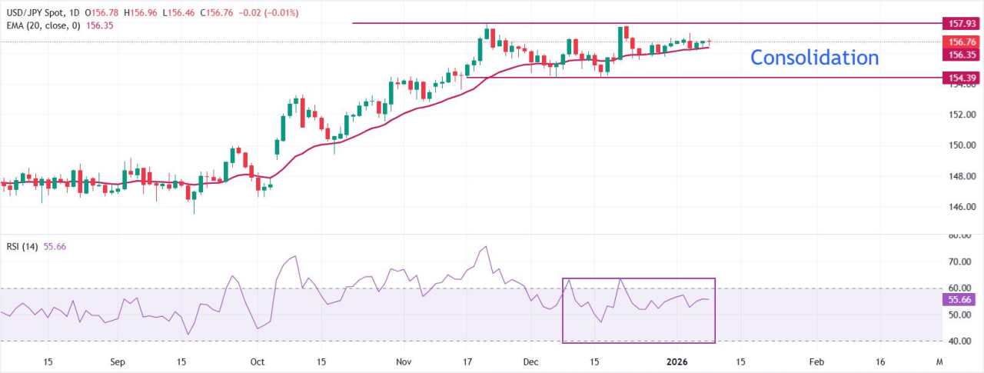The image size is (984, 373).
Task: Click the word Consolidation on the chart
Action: pos(814,58)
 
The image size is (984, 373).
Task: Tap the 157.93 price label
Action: pos(962,23)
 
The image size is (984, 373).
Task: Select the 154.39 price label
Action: pos(962,78)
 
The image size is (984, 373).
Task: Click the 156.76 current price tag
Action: pos(962,42)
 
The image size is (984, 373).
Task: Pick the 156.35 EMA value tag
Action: pos(962,55)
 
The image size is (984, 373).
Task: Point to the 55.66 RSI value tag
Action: pos(962,301)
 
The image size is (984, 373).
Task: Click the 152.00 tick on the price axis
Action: pos(961,115)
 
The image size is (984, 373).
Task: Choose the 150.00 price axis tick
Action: pos(961,145)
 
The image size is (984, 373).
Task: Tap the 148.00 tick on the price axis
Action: pos(961,176)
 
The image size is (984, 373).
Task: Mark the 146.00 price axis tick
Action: pos(961,207)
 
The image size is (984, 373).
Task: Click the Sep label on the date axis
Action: pos(117,361)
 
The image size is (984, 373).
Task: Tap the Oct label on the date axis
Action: pos(257,361)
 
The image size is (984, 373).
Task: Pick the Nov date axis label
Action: pos(404,361)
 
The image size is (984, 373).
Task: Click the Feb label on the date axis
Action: pos(817,361)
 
